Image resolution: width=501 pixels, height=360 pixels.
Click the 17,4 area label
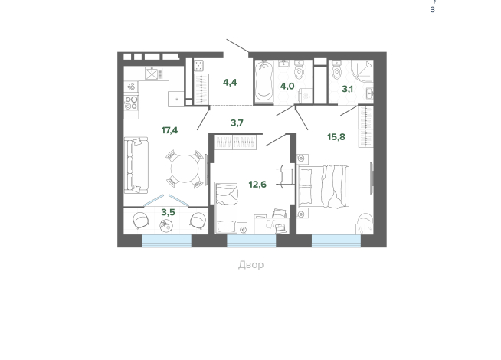169,130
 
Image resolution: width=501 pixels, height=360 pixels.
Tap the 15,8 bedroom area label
336,137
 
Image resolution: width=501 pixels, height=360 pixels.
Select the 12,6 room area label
257,185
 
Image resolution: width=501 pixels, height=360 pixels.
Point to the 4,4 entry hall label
230,83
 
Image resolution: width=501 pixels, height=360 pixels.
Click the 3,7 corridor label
237,123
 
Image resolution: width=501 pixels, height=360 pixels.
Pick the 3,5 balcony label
168,212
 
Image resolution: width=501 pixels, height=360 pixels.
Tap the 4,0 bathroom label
287,86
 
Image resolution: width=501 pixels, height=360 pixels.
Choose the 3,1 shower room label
347,89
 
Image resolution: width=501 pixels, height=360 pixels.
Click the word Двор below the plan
250,265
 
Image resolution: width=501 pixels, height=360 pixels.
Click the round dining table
185,169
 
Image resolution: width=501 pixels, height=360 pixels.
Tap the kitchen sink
153,74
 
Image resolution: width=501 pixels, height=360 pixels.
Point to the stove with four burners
131,103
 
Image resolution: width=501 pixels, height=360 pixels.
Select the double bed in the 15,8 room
323,187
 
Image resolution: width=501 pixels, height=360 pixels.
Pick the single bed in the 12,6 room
226,208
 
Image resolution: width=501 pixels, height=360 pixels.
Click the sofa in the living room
136,165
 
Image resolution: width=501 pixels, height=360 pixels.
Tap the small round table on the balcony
166,225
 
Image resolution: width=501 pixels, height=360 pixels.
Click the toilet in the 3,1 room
337,70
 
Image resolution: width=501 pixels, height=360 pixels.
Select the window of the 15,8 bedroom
336,241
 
